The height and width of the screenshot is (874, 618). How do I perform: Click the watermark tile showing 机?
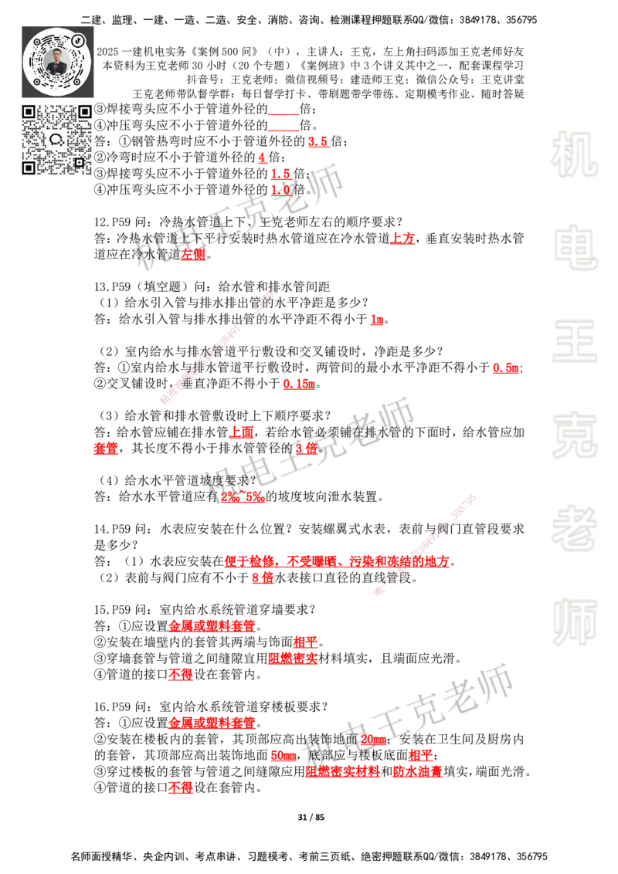(574, 154)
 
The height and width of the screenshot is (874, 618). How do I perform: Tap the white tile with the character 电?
(577, 247)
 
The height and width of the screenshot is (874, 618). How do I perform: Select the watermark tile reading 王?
(574, 343)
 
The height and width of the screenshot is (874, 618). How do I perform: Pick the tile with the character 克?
(574, 435)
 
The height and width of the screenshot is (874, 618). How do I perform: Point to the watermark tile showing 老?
(574, 528)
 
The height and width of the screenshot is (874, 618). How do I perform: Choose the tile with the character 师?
(574, 623)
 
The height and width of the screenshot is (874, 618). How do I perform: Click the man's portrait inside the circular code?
(57, 62)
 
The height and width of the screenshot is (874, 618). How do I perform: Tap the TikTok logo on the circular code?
(78, 39)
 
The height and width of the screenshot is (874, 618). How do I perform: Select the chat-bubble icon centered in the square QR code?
(56, 140)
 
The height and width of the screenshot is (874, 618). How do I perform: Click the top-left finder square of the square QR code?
(29, 112)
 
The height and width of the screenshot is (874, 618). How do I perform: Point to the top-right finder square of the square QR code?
(85, 112)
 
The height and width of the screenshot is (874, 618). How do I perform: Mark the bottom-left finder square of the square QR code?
(29, 168)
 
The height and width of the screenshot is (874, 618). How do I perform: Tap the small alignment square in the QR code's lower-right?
(79, 162)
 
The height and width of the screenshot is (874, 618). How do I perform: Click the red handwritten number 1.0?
(280, 190)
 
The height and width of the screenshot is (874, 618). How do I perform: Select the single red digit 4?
(262, 158)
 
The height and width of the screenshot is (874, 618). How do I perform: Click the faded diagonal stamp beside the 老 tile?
(425, 541)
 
